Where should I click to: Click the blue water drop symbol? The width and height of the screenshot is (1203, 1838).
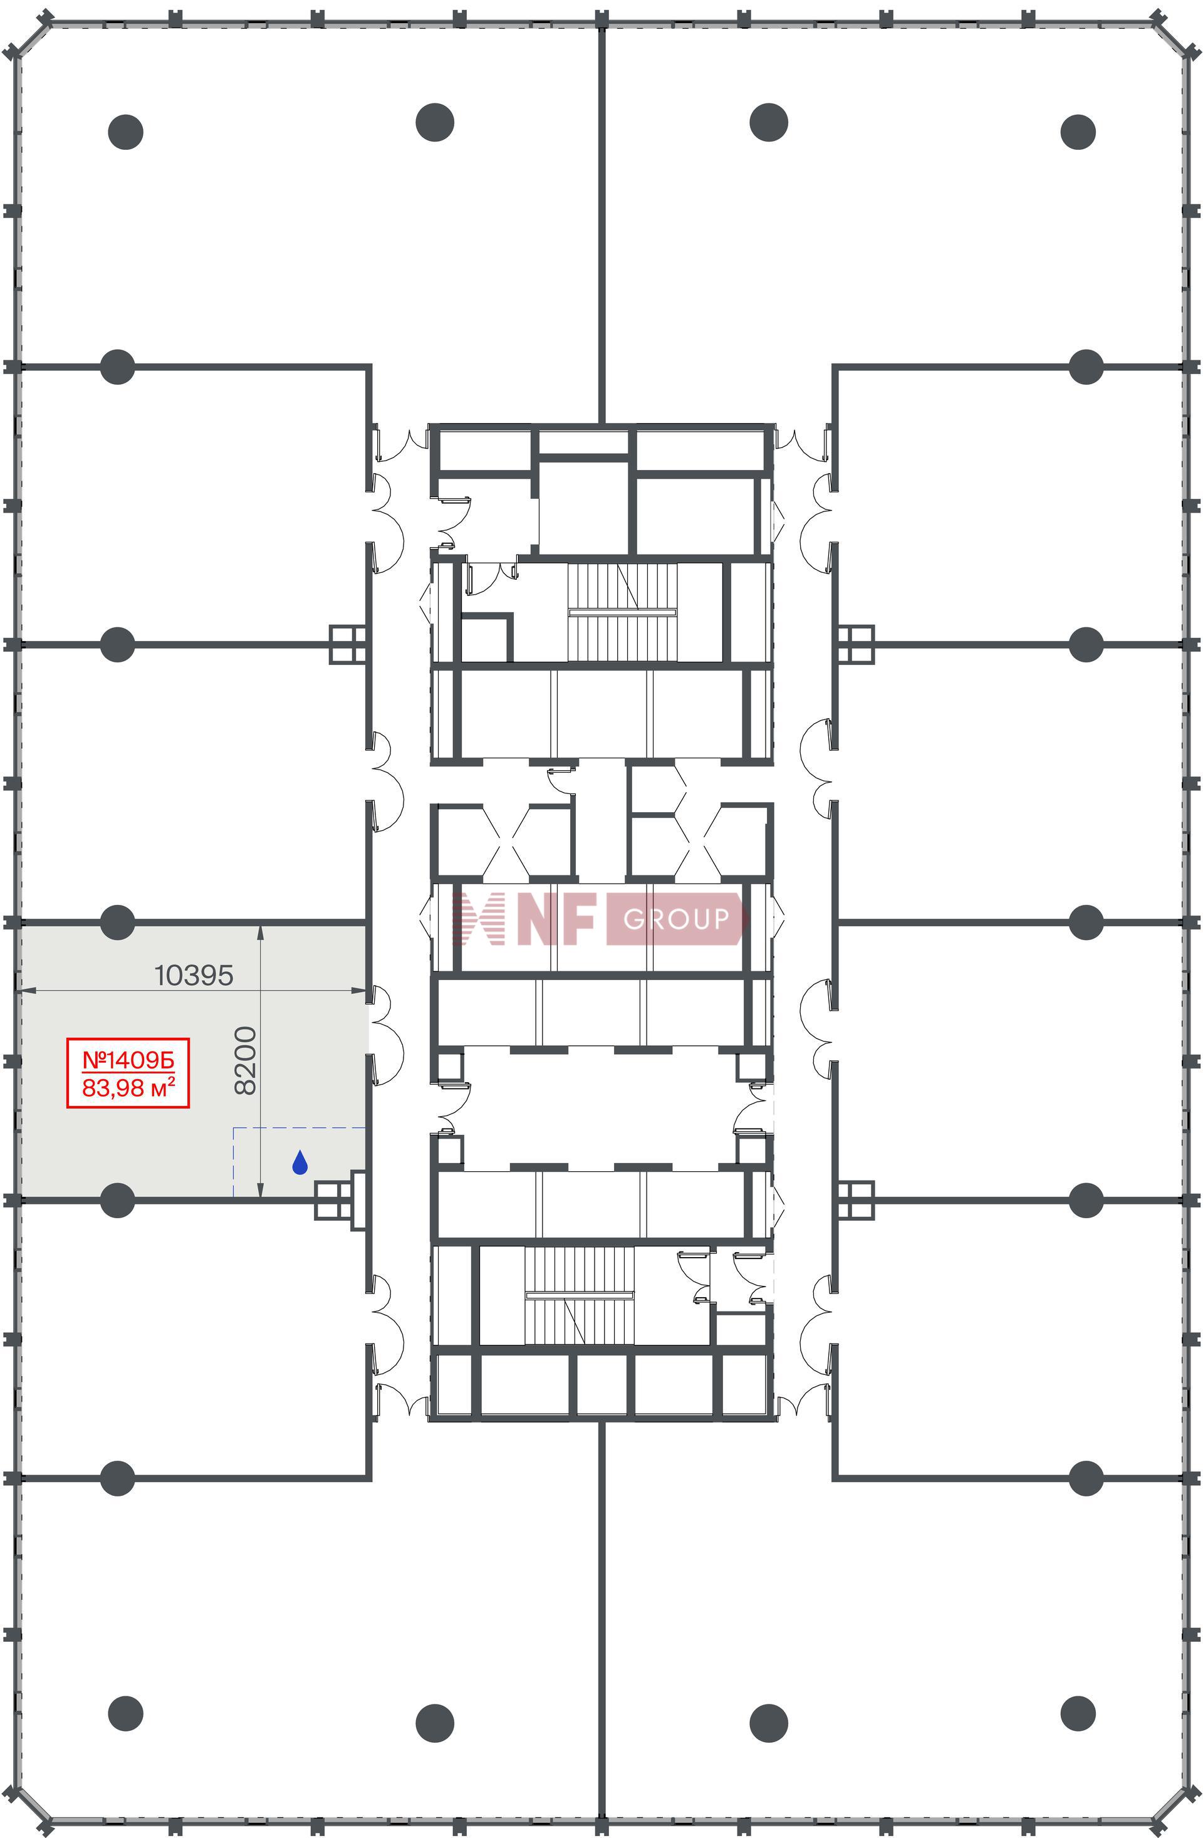point(299,1162)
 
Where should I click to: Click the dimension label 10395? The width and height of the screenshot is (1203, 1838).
point(194,975)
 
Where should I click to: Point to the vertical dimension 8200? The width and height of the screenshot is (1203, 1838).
point(245,1060)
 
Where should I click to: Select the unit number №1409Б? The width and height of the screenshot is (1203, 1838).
point(128,1060)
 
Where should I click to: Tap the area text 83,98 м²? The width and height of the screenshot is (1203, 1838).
point(128,1087)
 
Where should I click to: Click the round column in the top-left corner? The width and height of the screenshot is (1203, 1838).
point(126,132)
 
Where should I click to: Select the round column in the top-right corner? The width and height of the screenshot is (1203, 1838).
point(1078,132)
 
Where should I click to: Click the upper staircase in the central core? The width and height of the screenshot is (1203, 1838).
point(622,612)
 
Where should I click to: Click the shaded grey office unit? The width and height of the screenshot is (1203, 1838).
point(192,1061)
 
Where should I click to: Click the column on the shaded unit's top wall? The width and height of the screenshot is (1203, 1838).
point(117,922)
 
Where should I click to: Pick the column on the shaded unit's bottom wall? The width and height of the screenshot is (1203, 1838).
point(117,1200)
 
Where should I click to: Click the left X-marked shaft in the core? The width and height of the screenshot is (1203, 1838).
point(506,841)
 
